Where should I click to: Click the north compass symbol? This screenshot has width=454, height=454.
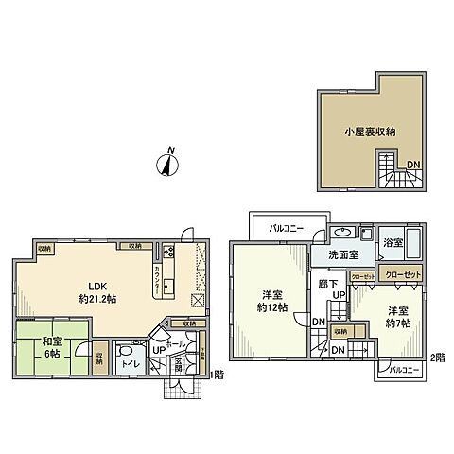167,166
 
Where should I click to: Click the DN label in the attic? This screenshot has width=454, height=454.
412,166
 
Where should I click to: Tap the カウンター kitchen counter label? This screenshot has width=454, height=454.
156,281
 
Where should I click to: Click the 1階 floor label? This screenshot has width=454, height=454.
215,374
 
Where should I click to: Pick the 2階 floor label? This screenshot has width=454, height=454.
436,358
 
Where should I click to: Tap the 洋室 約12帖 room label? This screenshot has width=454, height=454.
271,301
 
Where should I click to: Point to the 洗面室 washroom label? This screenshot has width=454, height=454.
343,255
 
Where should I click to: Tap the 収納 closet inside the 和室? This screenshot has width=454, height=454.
100,358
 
